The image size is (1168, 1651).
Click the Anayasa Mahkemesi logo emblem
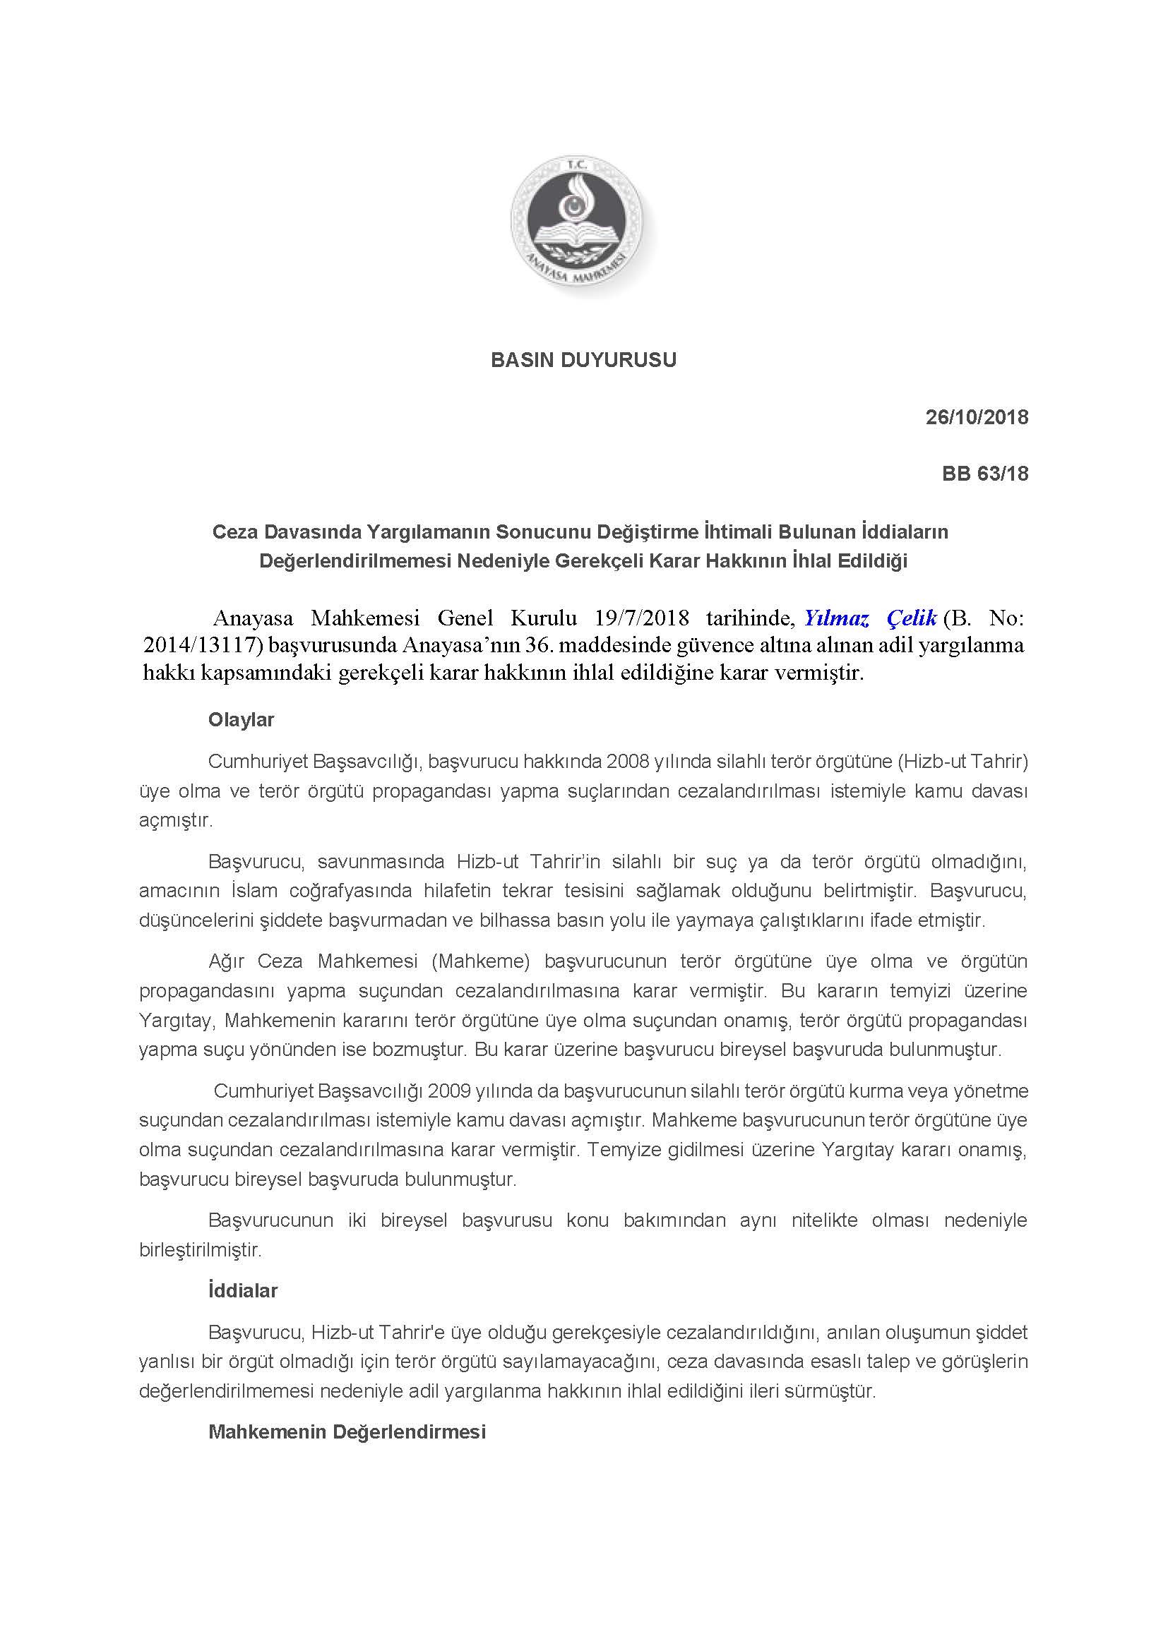582,225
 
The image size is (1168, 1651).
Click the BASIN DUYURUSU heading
583,360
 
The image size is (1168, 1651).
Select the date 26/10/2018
977,417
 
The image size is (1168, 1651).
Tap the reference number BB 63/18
984,474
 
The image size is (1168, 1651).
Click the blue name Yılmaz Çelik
870,618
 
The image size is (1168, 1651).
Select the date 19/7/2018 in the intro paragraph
642,618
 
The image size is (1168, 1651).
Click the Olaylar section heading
241,720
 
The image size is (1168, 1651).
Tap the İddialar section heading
242,1291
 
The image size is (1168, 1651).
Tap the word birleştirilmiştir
200,1250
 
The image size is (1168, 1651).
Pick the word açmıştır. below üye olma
176,820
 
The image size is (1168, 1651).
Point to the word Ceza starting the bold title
235,532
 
